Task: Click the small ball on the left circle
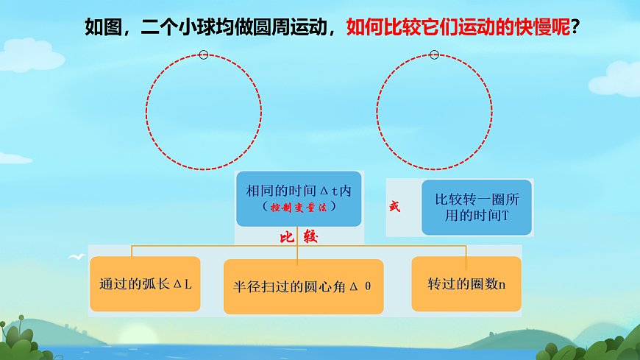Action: coord(204,54)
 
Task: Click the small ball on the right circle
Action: coord(434,54)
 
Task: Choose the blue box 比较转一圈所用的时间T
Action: coord(477,207)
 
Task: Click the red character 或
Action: coord(395,207)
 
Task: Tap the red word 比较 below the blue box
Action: coord(298,239)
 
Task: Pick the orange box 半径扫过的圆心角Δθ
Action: coord(303,286)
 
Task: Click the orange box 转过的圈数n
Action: coord(466,283)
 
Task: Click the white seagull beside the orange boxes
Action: coord(76,257)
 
